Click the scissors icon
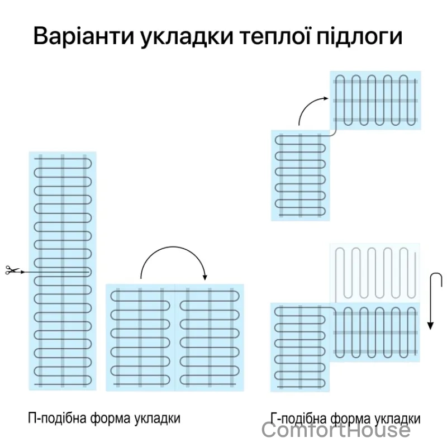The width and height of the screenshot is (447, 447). pyautogui.click(x=12, y=270)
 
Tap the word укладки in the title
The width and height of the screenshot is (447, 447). pyautogui.click(x=187, y=36)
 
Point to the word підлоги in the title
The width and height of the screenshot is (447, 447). pyautogui.click(x=359, y=36)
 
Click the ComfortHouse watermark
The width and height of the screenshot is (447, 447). pyautogui.click(x=336, y=430)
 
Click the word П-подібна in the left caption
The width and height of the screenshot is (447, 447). pyautogui.click(x=58, y=419)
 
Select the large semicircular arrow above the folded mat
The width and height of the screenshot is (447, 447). pyautogui.click(x=173, y=248)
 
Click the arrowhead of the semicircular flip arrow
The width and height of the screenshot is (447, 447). pyautogui.click(x=205, y=277)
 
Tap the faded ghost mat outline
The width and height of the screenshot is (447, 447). pyautogui.click(x=375, y=273)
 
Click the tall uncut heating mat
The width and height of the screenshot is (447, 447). pyautogui.click(x=63, y=271)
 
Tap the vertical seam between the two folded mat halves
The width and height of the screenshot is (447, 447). pyautogui.click(x=175, y=337)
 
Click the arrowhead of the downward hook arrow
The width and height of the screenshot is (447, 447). pyautogui.click(x=430, y=326)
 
